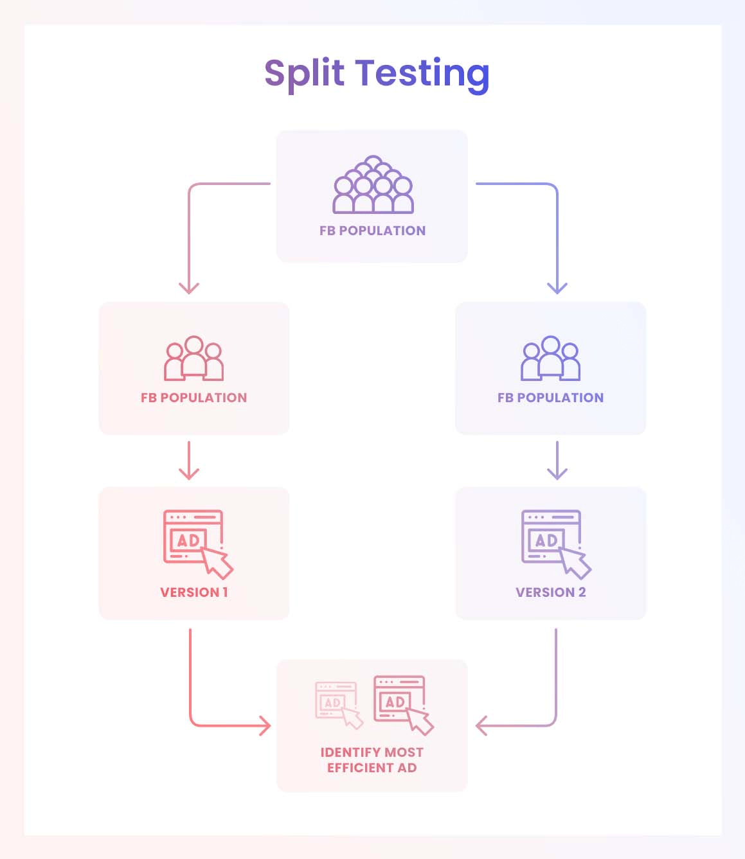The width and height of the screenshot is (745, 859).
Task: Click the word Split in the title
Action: click(x=304, y=73)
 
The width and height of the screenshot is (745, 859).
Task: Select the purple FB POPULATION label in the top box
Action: click(x=372, y=231)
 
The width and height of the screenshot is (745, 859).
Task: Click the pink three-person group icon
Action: click(x=193, y=358)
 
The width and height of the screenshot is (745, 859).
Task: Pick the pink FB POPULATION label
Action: click(x=193, y=398)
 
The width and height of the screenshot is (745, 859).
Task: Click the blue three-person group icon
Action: click(x=550, y=358)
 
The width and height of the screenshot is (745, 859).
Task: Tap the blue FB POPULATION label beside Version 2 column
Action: click(x=550, y=398)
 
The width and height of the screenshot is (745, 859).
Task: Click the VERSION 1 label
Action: click(x=193, y=592)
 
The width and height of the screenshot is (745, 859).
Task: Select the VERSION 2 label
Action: click(x=550, y=592)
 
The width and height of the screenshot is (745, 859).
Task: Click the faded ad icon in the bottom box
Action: click(x=338, y=704)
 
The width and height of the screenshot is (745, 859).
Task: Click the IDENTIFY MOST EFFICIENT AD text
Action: click(x=372, y=760)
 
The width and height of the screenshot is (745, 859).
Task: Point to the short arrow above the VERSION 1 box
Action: click(x=189, y=461)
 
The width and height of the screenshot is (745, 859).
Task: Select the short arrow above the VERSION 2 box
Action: click(x=557, y=461)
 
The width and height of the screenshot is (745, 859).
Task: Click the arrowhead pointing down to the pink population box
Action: click(x=189, y=288)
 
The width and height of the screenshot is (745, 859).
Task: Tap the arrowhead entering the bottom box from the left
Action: click(x=265, y=726)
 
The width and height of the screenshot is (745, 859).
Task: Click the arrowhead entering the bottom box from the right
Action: click(x=481, y=726)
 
